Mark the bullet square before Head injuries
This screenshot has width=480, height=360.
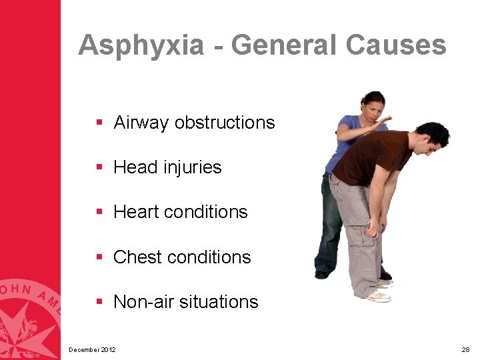click(x=99, y=167)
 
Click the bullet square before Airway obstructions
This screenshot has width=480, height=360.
click(x=99, y=123)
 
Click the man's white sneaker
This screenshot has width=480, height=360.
click(x=378, y=296)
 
